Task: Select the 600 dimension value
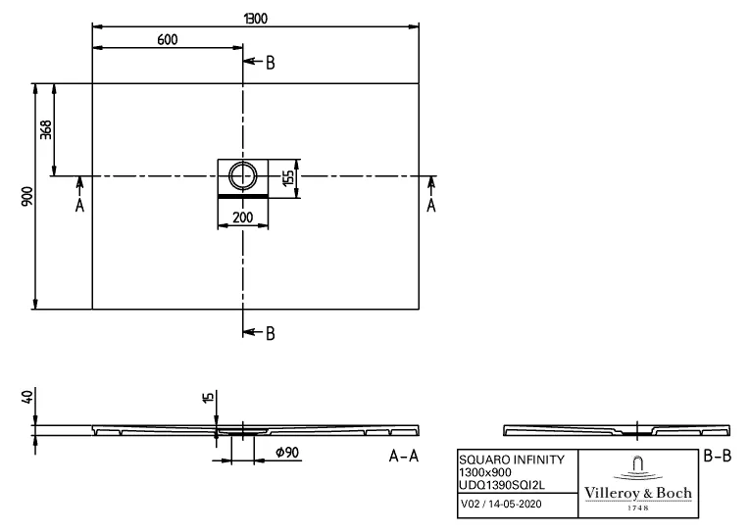pyautogui.click(x=168, y=39)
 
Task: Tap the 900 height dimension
pyautogui.click(x=27, y=196)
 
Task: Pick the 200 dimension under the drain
pyautogui.click(x=242, y=218)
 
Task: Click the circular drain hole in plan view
pyautogui.click(x=242, y=176)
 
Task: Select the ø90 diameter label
pyautogui.click(x=286, y=452)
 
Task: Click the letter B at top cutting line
pyautogui.click(x=270, y=63)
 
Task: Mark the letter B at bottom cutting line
pyautogui.click(x=270, y=333)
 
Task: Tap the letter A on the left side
pyautogui.click(x=80, y=205)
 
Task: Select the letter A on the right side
pyautogui.click(x=430, y=205)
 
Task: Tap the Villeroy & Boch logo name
pyautogui.click(x=637, y=492)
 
